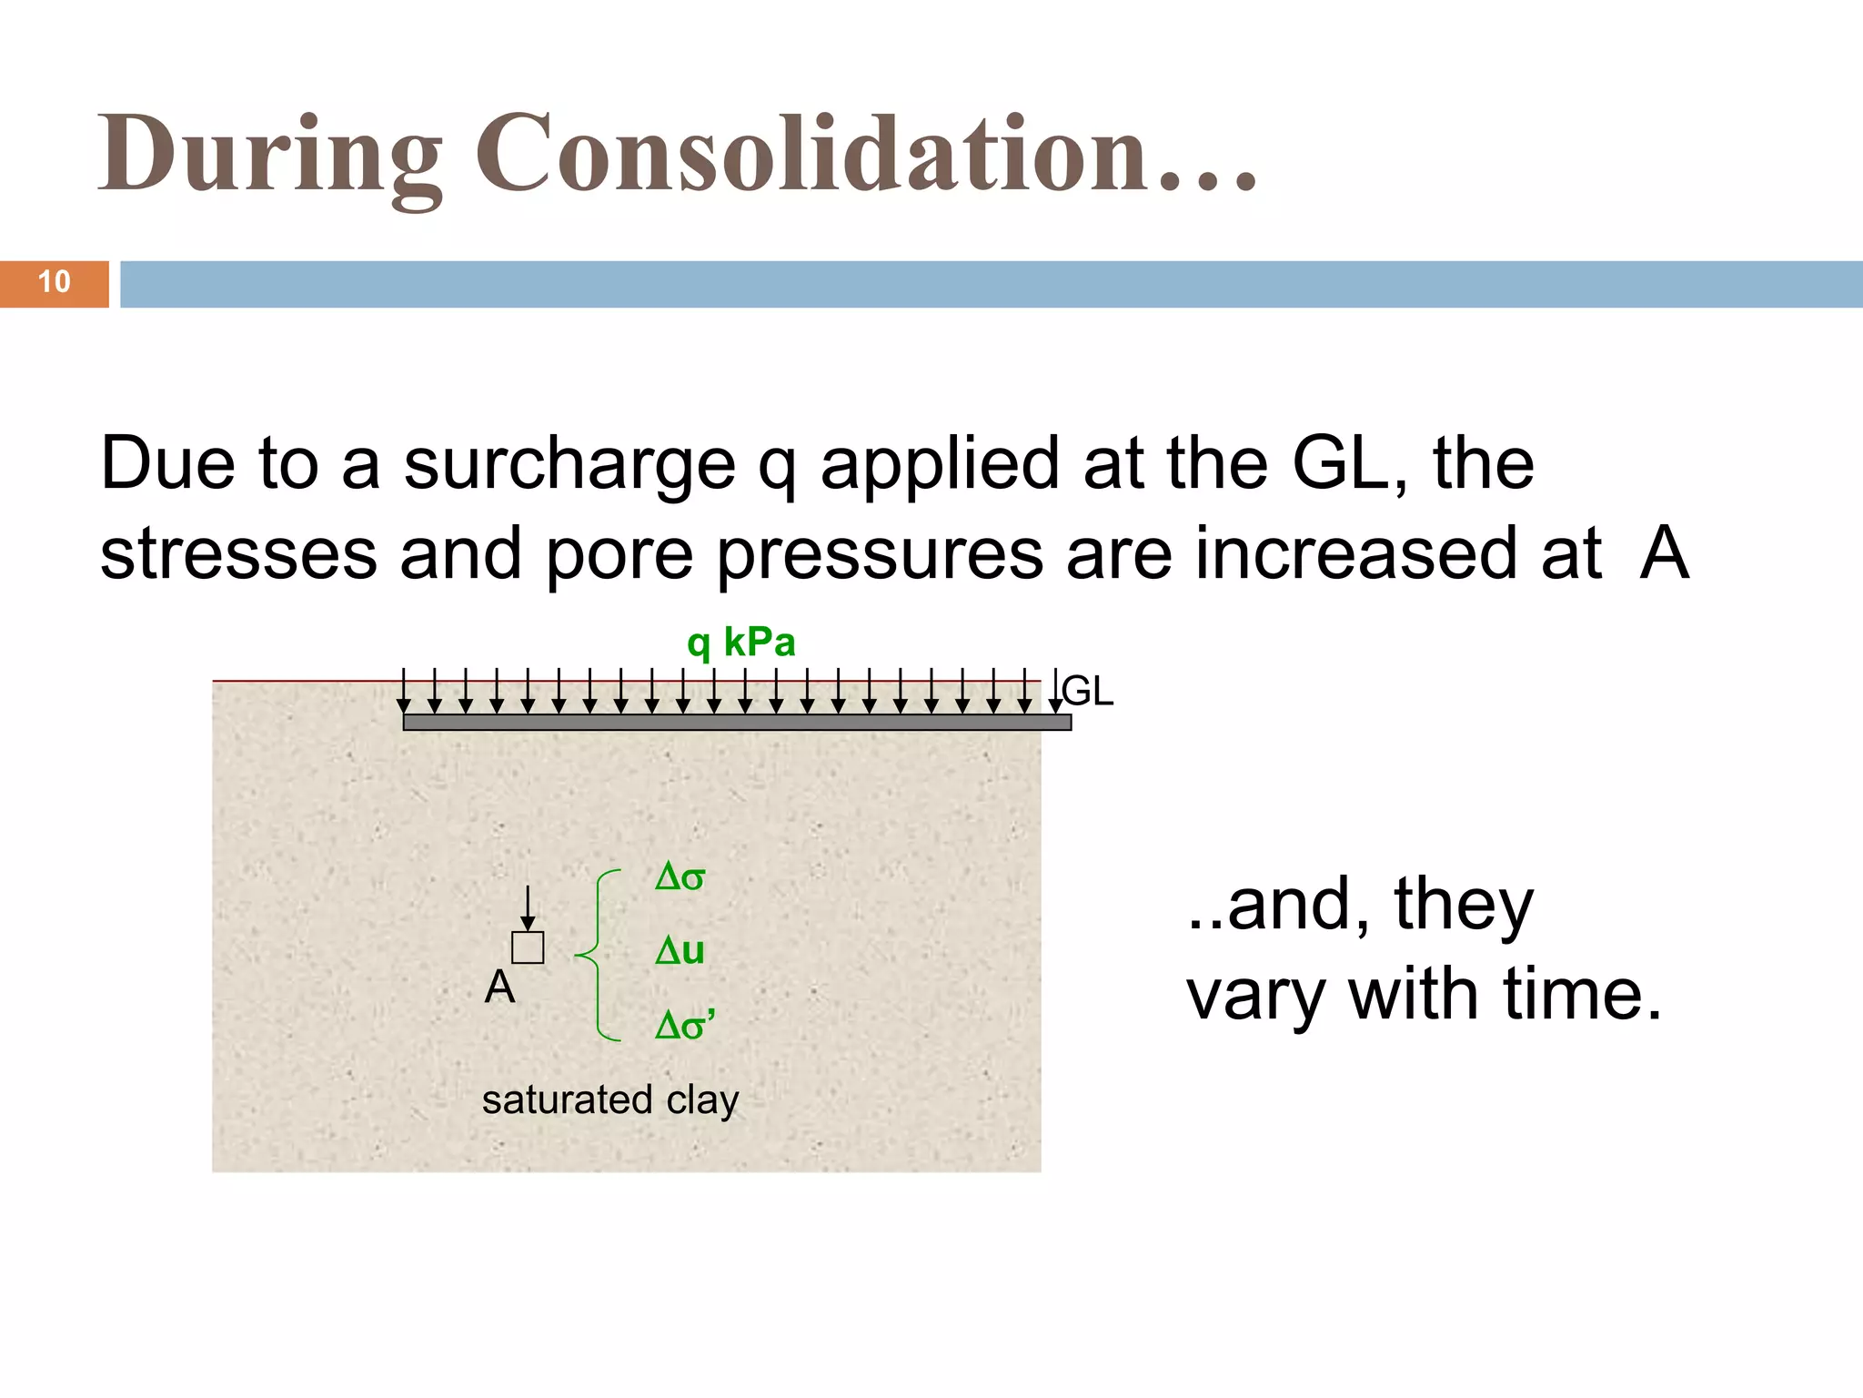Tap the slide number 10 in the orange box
pos(54,282)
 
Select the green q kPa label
pos(740,643)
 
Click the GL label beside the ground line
pos(1088,692)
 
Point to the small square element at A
pos(528,947)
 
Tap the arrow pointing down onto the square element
pos(528,908)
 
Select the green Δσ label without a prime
pos(680,877)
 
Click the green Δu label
pos(680,951)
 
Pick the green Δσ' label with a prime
pos(685,1026)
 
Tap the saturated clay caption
pos(609,1099)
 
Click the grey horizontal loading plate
pos(737,723)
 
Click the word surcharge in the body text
pos(569,464)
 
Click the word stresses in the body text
pos(238,555)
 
